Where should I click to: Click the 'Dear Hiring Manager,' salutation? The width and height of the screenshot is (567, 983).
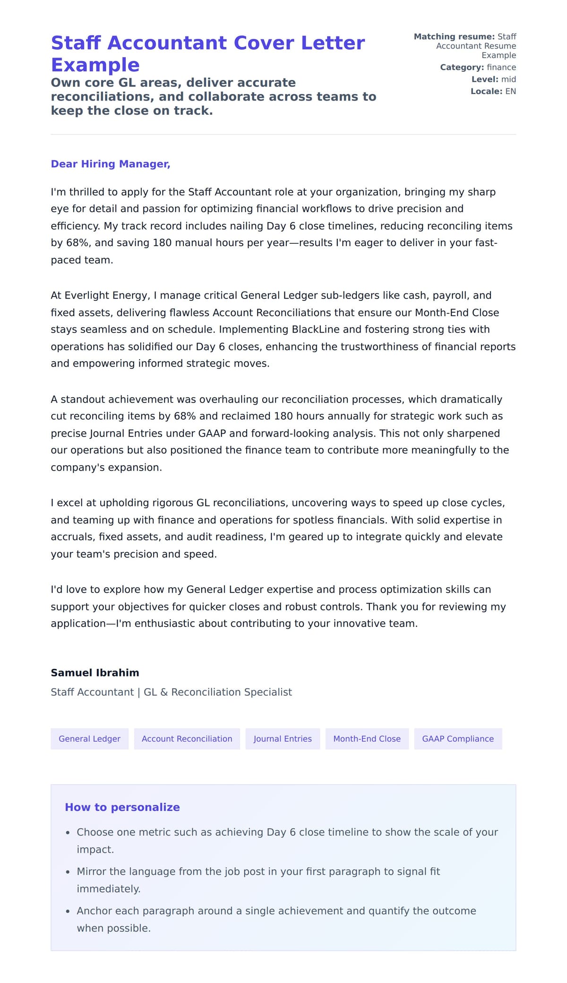(110, 164)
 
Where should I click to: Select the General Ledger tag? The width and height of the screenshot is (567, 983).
(89, 739)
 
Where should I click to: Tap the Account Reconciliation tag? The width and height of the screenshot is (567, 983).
(187, 739)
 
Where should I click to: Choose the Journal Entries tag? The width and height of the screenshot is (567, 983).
(282, 739)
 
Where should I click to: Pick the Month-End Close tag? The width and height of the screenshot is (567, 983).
(367, 739)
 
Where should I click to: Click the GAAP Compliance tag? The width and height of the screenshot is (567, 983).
(457, 739)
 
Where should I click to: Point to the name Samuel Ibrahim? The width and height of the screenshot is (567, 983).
(95, 673)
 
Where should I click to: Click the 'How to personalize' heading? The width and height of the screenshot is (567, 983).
(122, 807)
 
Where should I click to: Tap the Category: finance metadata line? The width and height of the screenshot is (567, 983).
(478, 68)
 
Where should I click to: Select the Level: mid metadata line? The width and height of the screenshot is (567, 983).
(493, 79)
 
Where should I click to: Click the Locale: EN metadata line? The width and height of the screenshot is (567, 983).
(493, 91)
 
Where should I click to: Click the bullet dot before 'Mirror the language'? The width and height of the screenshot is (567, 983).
(68, 872)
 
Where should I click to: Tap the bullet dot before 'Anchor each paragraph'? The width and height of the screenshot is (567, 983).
(68, 911)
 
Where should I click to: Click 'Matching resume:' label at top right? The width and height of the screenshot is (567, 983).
(454, 37)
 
